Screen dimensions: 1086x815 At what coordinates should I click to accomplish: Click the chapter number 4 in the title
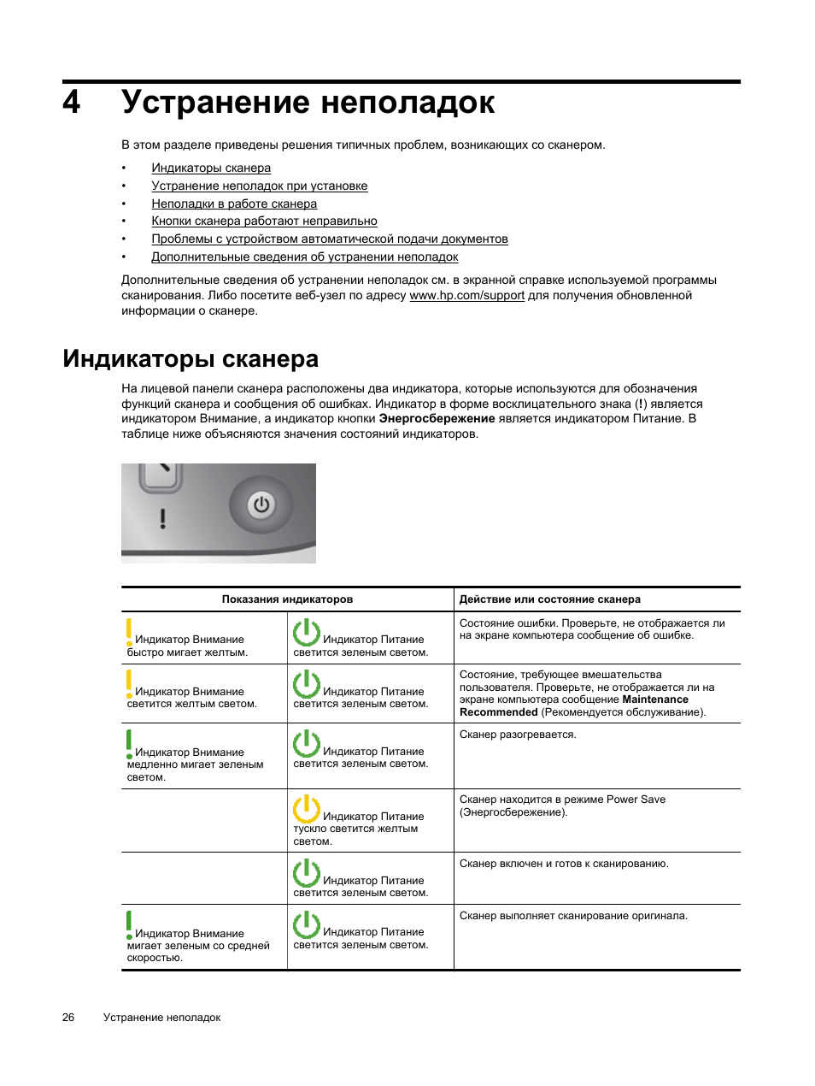tap(72, 103)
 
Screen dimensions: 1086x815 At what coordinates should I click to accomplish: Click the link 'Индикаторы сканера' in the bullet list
tap(211, 168)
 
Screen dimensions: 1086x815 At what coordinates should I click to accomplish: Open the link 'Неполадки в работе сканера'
tap(234, 204)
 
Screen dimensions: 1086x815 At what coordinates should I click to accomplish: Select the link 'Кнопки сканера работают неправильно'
tap(264, 221)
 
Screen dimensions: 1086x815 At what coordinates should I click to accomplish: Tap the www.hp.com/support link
tap(466, 295)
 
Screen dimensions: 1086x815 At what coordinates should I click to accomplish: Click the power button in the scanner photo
tap(261, 505)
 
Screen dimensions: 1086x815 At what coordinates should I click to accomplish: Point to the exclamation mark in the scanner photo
tap(162, 517)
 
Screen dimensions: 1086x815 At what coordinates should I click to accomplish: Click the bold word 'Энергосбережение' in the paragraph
tap(437, 418)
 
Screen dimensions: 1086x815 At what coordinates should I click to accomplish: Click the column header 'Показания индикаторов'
tap(287, 599)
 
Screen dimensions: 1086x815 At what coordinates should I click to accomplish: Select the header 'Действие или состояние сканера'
tap(549, 599)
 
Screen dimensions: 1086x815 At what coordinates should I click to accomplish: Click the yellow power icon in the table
tap(306, 808)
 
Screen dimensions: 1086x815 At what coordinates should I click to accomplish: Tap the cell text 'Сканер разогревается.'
tap(518, 735)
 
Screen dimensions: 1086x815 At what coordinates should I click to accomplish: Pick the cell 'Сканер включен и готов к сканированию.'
tap(564, 864)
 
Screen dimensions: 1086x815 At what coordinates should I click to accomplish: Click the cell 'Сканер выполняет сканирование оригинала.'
tap(573, 916)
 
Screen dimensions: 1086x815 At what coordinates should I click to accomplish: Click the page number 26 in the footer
tap(68, 1018)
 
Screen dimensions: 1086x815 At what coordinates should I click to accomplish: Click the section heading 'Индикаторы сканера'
tap(191, 358)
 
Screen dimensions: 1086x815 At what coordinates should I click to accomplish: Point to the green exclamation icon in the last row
tap(129, 924)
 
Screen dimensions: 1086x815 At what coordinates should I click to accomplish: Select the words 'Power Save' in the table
tap(636, 800)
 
